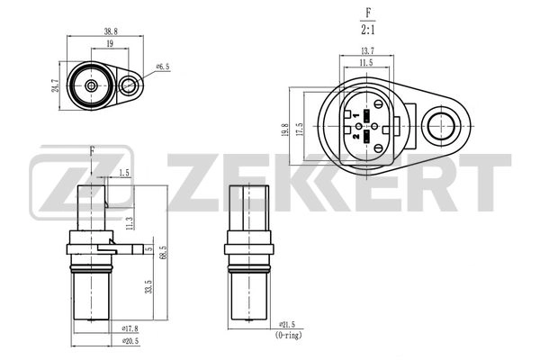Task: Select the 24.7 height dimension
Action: (56, 85)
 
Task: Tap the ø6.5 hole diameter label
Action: (162, 66)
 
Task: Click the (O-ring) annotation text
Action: (288, 335)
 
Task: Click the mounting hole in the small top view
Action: (131, 86)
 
